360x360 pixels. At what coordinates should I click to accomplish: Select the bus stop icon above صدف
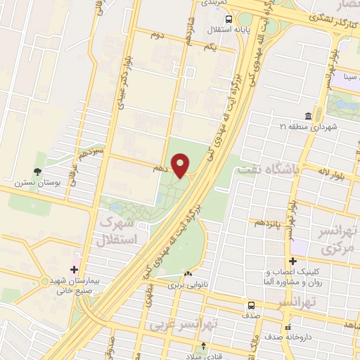tap(252, 306)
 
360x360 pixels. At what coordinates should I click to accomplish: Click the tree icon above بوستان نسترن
tap(37, 170)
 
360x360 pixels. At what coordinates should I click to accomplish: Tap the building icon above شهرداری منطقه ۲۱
tap(309, 116)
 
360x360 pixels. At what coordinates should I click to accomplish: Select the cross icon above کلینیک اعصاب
tap(293, 262)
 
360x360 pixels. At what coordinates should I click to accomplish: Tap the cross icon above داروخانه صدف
tap(288, 328)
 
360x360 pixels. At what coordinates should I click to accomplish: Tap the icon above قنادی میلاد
tap(204, 346)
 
